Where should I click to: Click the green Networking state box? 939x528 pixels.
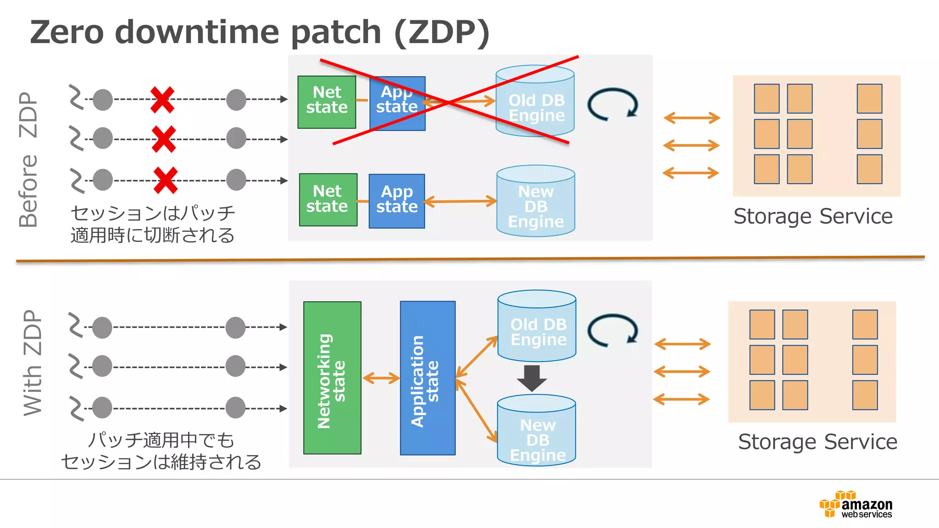pos(332,378)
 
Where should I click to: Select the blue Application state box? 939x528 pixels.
pos(427,378)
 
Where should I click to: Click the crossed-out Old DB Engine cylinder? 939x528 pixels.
pos(535,101)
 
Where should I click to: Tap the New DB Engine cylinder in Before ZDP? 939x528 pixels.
pos(536,202)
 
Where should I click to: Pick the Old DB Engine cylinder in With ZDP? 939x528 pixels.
pos(537,326)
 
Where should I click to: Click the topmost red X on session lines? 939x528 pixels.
pos(162,99)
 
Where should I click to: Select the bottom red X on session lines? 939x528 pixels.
pos(166,180)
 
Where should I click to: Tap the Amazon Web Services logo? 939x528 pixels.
pos(856,505)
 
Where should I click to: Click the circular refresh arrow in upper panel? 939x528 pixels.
pos(613,104)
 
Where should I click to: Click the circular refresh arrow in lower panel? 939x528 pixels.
pos(613,330)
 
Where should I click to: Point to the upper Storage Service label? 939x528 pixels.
pos(812,216)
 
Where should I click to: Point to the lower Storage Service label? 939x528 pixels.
pos(817,442)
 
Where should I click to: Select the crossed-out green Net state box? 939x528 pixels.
pos(326,102)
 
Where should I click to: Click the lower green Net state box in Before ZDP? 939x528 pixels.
pos(328,199)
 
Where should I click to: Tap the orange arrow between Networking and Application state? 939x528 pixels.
pos(381,378)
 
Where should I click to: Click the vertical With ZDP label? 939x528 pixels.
pos(33,363)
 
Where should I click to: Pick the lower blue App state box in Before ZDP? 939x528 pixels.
pos(397,201)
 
